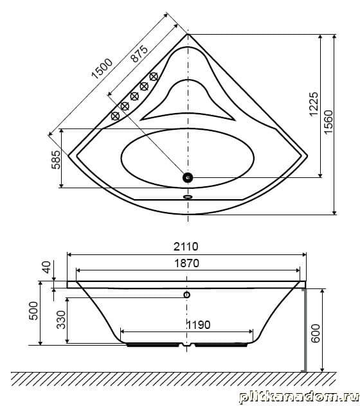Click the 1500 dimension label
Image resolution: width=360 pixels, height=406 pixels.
pyautogui.click(x=102, y=69)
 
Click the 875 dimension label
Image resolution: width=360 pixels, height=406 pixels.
pyautogui.click(x=139, y=53)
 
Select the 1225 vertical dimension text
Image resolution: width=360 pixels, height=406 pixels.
pyautogui.click(x=314, y=104)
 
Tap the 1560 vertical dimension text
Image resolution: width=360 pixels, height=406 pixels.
pyautogui.click(x=328, y=121)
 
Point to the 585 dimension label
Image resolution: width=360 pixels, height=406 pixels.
pyautogui.click(x=56, y=159)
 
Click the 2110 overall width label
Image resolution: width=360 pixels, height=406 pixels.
pyautogui.click(x=186, y=247)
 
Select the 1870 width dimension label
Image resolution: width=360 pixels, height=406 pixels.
pyautogui.click(x=186, y=263)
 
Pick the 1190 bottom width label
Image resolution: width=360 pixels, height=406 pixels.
pyautogui.click(x=199, y=324)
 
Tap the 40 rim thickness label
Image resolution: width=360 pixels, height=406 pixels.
pyautogui.click(x=47, y=267)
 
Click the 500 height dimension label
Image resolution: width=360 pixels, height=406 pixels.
pyautogui.click(x=33, y=310)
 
